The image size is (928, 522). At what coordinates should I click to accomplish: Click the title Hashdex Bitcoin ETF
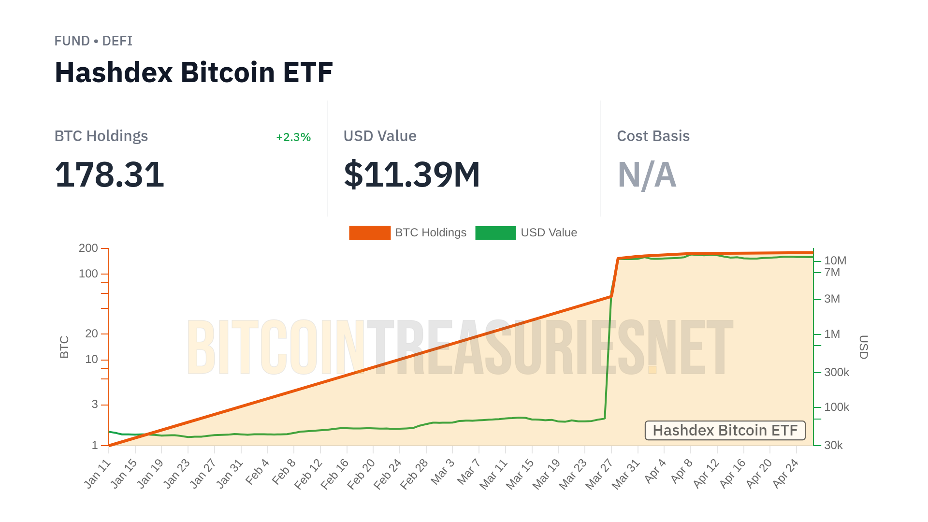coord(193,72)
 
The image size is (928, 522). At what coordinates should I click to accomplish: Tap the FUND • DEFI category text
coord(93,41)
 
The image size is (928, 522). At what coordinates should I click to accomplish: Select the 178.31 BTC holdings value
coord(109,174)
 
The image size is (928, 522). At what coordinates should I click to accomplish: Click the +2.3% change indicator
coord(293,137)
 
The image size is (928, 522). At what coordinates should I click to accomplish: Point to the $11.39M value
coord(411,174)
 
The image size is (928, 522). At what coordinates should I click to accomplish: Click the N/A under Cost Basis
coord(646,174)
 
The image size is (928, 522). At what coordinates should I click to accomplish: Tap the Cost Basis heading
coord(653,136)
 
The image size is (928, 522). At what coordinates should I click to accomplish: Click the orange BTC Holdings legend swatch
coord(370,233)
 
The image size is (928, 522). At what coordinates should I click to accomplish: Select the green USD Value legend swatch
coord(495,233)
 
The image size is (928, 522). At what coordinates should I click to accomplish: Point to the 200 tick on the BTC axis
coord(88,248)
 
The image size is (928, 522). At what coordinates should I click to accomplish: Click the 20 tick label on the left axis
coord(91,333)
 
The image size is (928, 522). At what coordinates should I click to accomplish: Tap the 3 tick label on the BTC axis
coord(95,404)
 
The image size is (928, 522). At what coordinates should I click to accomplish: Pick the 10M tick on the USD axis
coord(835,261)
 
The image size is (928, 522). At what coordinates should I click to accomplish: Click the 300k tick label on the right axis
coord(836,372)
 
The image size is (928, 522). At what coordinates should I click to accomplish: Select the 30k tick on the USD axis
coord(833,445)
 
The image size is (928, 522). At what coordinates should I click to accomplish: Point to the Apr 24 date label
coord(785,474)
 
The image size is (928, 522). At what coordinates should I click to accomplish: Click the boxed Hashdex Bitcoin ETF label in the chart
coord(725,430)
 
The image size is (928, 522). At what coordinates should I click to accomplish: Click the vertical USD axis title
coord(863,347)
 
